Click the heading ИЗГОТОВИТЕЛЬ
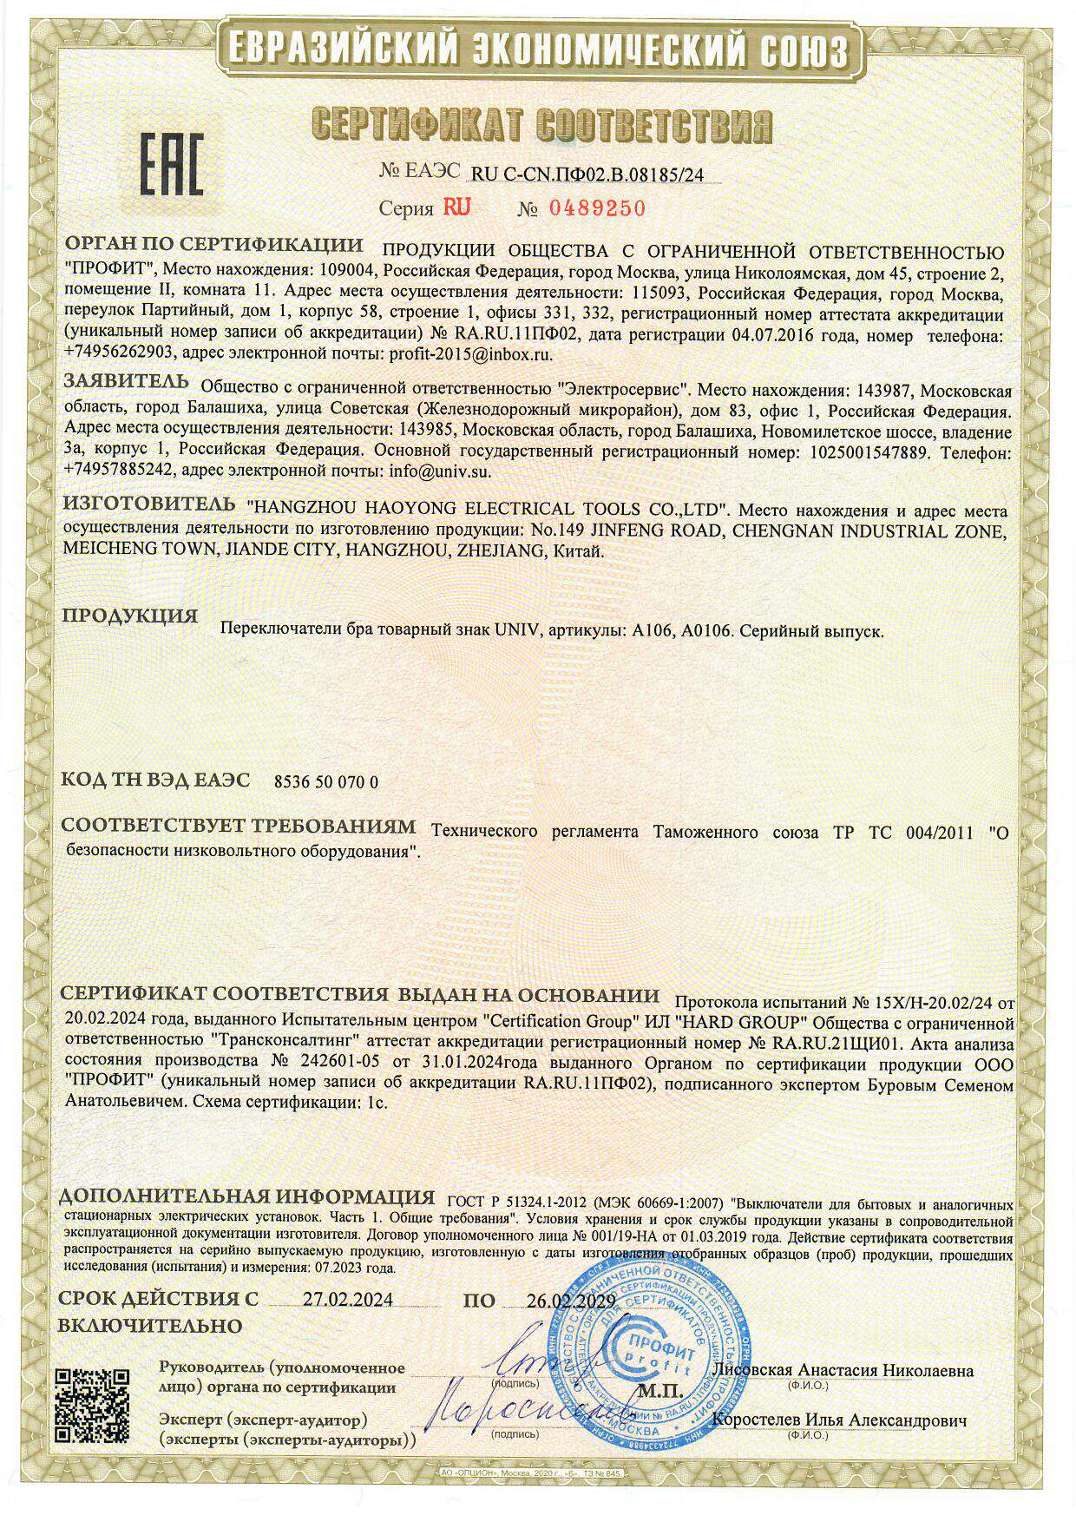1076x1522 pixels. [x=149, y=504]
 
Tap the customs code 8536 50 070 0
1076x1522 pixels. [x=326, y=781]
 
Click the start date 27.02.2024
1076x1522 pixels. [x=347, y=1300]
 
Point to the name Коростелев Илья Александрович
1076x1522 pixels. [x=838, y=1420]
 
